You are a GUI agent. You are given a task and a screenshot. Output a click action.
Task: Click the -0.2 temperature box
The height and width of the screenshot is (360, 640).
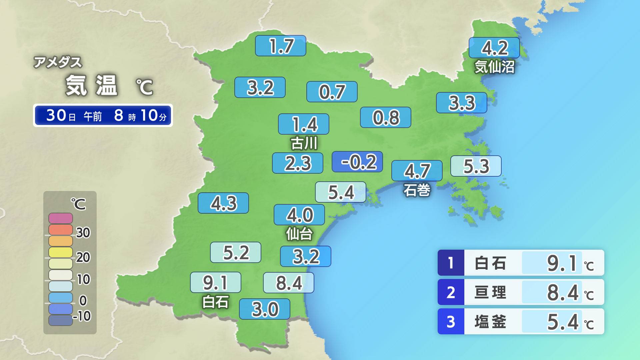(x=357, y=162)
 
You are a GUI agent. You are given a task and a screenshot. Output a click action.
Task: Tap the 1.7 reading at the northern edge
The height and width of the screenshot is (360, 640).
(x=280, y=46)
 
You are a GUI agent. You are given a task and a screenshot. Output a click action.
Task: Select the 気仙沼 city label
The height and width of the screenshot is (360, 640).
(x=494, y=67)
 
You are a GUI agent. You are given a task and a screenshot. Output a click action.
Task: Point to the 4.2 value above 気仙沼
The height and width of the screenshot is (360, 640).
(x=494, y=48)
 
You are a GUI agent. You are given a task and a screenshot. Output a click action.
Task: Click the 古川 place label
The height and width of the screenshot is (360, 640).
(x=304, y=143)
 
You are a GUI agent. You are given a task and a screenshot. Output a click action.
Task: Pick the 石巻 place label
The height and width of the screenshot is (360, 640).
(x=417, y=190)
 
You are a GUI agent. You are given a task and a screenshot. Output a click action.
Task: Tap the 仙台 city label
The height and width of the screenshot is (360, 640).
(x=299, y=234)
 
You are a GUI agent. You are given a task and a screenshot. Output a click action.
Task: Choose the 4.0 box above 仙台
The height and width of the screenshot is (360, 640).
(x=299, y=215)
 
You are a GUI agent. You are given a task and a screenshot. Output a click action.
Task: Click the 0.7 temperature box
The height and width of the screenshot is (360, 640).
(x=332, y=92)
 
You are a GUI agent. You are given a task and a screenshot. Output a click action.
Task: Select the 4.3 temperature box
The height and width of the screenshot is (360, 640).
(x=223, y=203)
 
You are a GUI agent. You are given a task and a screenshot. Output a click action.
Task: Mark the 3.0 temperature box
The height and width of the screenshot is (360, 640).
(x=264, y=309)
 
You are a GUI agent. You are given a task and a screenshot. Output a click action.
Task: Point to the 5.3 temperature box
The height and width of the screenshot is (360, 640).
(x=476, y=166)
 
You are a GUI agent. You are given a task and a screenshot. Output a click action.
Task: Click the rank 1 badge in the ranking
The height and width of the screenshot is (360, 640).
(x=451, y=263)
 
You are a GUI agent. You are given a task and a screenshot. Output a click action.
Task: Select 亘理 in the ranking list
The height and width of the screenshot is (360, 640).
(x=490, y=292)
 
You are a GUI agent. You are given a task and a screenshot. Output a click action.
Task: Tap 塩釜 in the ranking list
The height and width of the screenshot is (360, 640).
(x=490, y=322)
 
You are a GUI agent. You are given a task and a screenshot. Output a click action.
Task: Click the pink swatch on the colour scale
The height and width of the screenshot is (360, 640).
(x=61, y=218)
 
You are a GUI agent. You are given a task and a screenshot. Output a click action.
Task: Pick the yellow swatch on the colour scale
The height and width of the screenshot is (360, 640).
(x=61, y=252)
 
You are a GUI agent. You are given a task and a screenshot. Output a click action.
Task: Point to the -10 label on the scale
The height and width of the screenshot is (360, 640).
(x=82, y=316)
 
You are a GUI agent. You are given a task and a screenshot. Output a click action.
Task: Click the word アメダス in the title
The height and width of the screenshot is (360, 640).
(x=58, y=62)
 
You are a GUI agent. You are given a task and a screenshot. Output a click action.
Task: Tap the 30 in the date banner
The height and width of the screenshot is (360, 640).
(x=56, y=115)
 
